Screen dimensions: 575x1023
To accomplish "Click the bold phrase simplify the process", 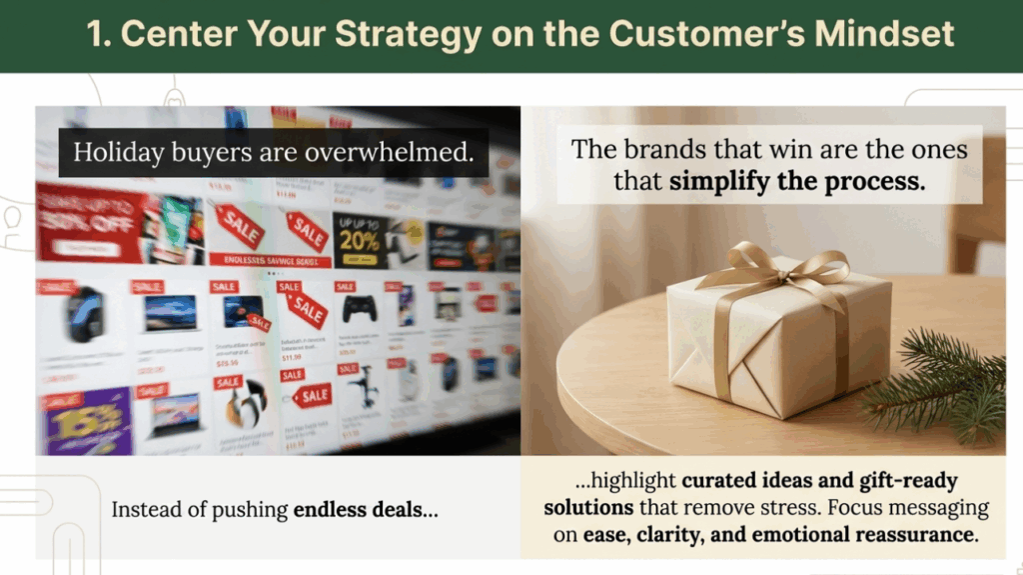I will tap(797, 182).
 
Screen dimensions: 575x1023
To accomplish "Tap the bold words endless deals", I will tap(365, 509).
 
